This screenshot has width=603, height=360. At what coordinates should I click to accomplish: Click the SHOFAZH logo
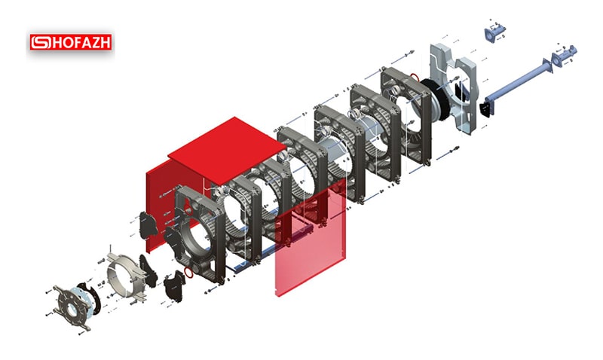(x=71, y=42)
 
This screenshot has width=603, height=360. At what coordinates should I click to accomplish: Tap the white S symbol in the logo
(x=41, y=42)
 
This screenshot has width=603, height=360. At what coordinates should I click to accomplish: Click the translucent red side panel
(x=310, y=242)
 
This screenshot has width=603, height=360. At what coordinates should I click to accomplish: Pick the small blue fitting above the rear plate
(x=495, y=32)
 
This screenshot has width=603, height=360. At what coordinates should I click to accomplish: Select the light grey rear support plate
(x=453, y=88)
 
